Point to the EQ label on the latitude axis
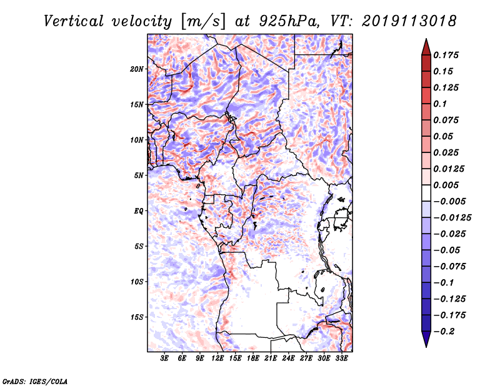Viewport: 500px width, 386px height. (139, 211)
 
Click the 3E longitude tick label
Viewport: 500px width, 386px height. (165, 359)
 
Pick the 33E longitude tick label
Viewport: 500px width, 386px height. (342, 359)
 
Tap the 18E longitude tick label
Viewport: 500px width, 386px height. (253, 359)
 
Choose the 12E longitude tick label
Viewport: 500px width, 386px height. (218, 359)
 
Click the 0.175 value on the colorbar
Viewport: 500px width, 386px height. (447, 55)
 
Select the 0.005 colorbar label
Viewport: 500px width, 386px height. (447, 185)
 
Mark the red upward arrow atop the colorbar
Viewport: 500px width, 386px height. (426, 46)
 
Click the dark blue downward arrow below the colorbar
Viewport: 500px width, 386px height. (426, 340)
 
